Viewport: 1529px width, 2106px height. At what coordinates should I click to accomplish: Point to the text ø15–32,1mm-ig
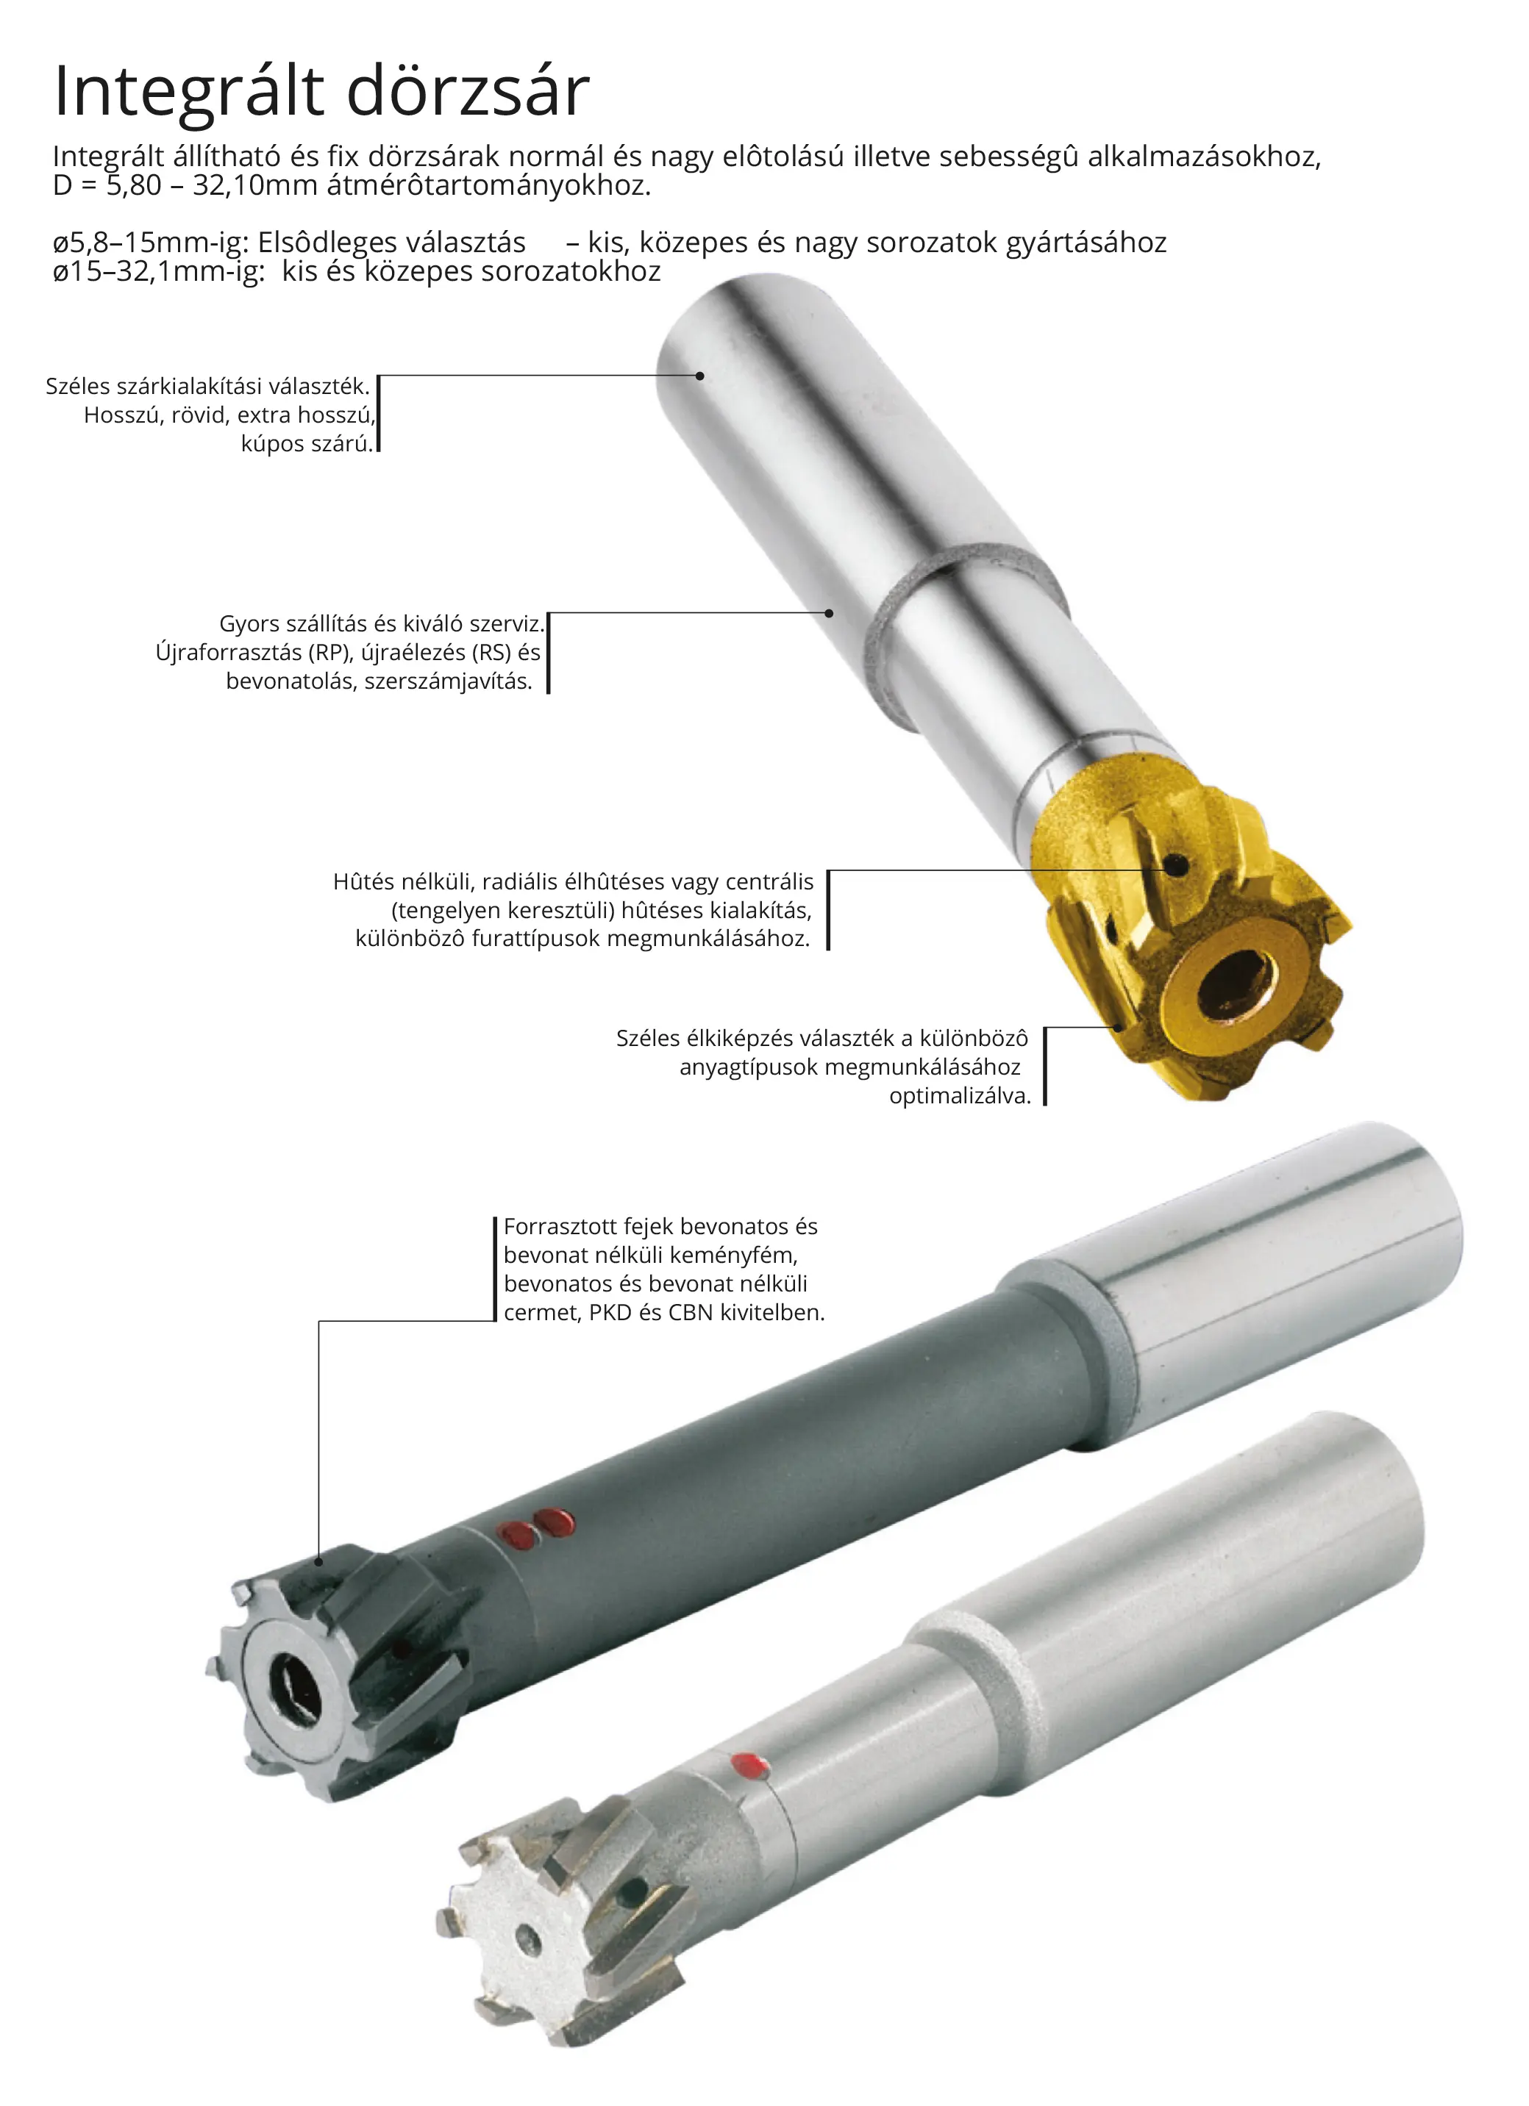coord(159,272)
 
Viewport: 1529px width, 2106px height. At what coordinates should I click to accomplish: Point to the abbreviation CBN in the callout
coord(691,1313)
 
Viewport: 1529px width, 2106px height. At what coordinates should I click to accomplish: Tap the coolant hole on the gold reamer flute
coord(1177,865)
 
